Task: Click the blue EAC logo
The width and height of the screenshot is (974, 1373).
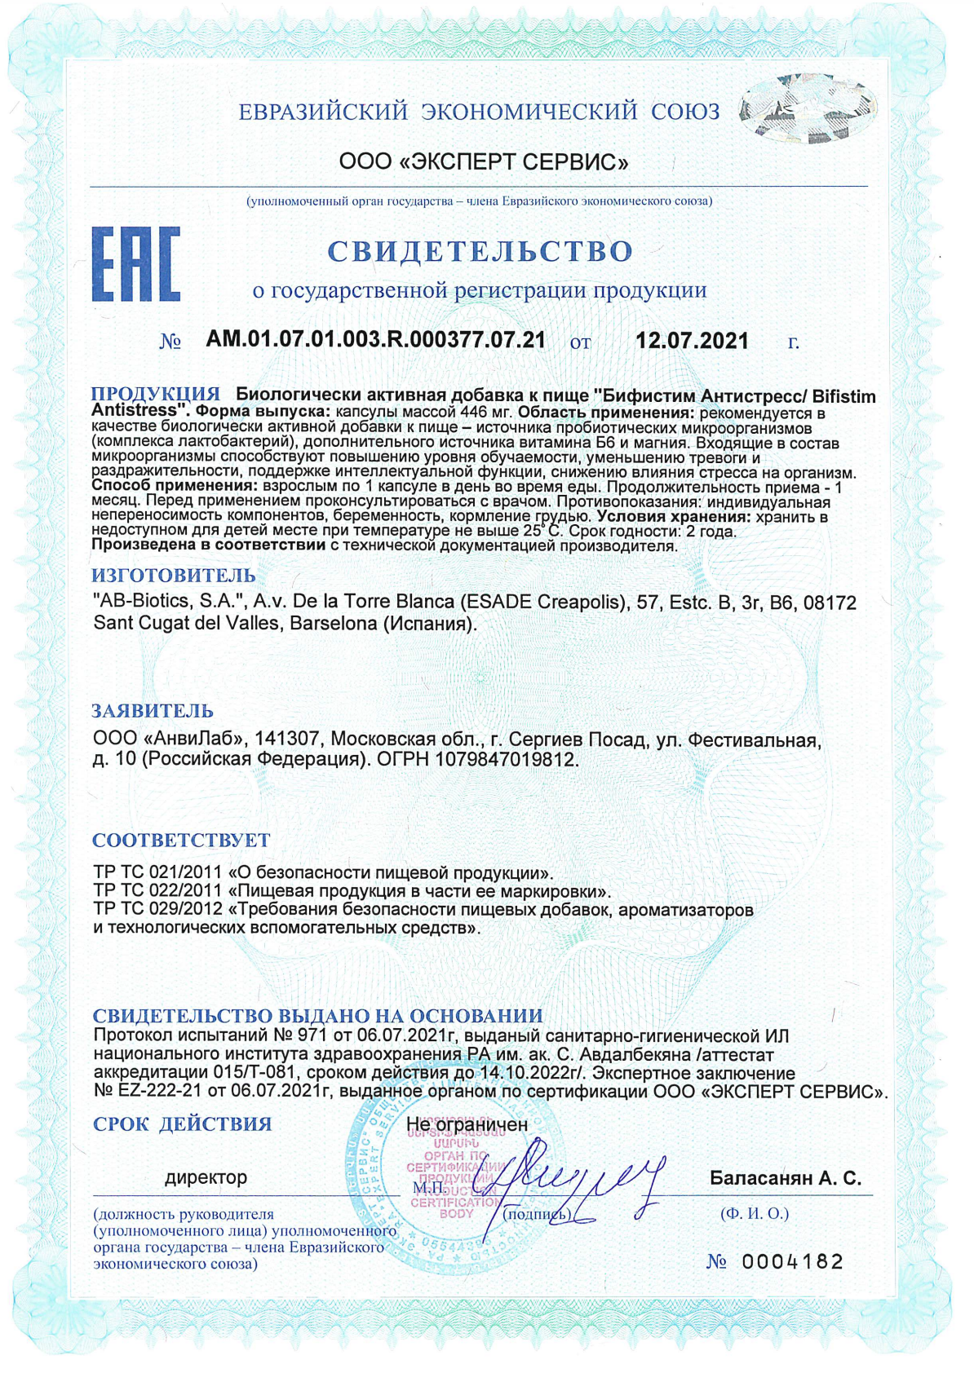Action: point(135,264)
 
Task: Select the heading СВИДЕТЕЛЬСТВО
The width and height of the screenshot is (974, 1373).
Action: point(480,251)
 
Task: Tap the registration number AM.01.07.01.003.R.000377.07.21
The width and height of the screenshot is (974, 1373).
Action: point(375,340)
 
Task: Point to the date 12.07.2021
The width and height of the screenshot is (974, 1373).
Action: point(692,341)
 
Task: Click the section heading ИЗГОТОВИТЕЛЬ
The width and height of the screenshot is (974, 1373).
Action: point(173,576)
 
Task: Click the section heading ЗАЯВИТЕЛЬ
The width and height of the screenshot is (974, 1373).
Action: point(153,710)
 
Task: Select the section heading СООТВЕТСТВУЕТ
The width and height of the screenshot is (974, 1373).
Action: point(180,840)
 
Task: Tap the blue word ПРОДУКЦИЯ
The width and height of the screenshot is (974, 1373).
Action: point(155,395)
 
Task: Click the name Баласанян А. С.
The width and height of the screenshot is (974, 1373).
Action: point(785,1178)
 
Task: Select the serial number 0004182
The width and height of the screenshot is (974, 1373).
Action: point(792,1262)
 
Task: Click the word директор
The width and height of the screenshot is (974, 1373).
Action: point(206,1177)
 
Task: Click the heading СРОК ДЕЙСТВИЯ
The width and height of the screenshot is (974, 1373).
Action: point(182,1124)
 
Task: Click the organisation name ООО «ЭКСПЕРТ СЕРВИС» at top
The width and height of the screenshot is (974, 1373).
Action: point(484,161)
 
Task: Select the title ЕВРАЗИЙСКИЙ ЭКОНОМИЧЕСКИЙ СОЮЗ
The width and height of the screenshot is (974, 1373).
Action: point(479,112)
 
